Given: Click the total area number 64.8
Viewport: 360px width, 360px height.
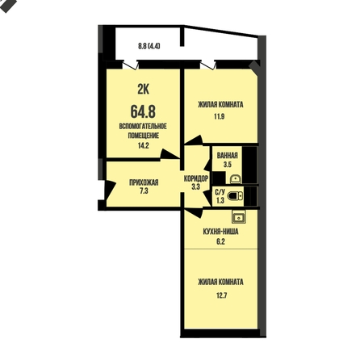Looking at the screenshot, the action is click(143, 111).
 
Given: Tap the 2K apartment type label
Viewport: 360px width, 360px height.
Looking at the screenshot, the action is click(144, 90).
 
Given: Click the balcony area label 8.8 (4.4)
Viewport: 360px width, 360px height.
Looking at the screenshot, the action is click(149, 46).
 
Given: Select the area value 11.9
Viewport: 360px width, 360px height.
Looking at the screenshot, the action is click(220, 116).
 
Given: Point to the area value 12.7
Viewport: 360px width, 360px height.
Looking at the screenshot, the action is click(222, 295).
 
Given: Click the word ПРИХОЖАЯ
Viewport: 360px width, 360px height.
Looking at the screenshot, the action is click(144, 182).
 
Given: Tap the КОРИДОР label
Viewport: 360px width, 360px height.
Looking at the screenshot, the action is click(196, 178).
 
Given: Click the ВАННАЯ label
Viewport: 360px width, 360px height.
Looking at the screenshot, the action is click(228, 156).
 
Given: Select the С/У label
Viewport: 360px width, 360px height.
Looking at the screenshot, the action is click(220, 192).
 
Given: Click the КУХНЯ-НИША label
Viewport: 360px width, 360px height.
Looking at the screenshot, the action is click(220, 232).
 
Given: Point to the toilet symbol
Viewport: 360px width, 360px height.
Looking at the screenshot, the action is click(235, 196).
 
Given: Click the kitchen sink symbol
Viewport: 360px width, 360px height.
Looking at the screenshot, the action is click(239, 217).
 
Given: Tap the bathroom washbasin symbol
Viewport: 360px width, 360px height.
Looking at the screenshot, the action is click(236, 178).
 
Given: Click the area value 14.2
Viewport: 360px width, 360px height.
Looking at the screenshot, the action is click(144, 145).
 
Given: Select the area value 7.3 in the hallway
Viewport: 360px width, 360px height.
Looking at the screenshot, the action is click(144, 191).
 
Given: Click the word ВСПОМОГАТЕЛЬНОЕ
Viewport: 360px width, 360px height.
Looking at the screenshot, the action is click(143, 126).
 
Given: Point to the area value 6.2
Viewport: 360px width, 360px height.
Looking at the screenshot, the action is click(220, 241).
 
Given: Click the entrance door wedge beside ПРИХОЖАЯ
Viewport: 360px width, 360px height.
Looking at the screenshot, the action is click(110, 190).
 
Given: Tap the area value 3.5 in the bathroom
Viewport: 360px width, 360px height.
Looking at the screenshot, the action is click(228, 165).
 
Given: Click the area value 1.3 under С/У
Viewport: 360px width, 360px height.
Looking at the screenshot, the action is click(220, 200).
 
